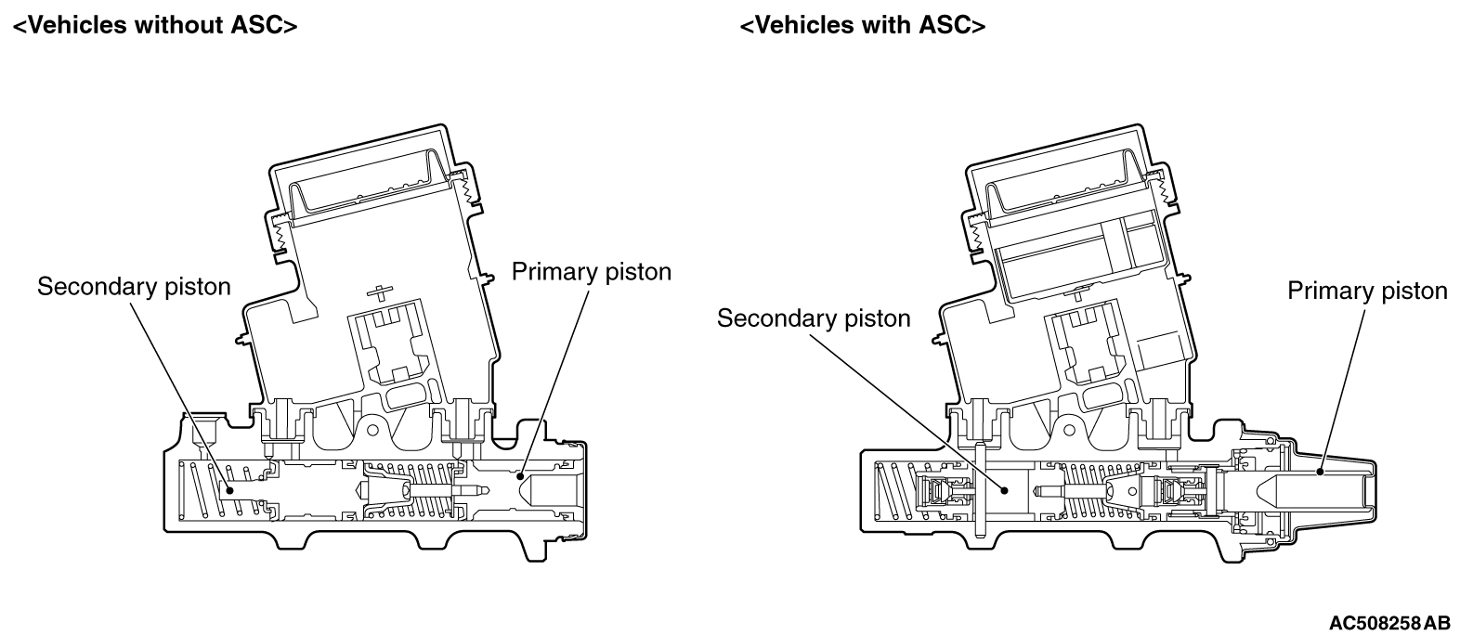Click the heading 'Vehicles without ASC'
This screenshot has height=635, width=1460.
(154, 25)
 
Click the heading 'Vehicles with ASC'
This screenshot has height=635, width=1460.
(862, 25)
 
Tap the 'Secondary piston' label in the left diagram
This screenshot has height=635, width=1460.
(134, 286)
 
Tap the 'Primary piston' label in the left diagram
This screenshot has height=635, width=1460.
(592, 271)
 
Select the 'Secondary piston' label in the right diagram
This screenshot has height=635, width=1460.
(814, 318)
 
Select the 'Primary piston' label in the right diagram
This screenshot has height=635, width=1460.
(1366, 291)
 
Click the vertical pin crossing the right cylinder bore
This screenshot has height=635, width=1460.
(979, 492)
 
